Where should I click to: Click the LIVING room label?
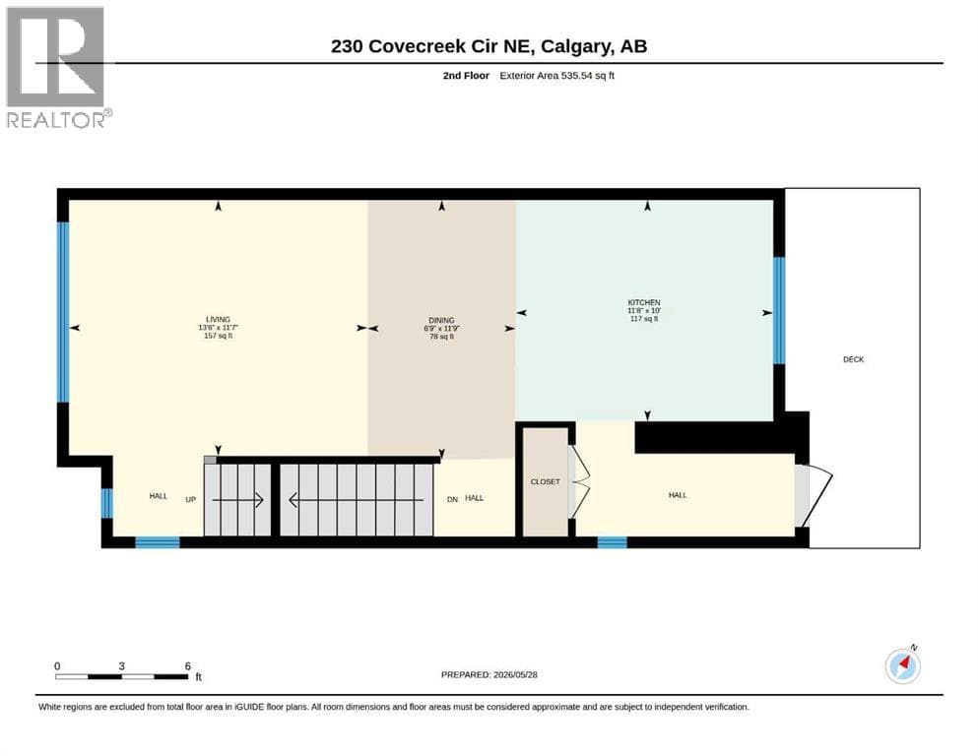point(219,319)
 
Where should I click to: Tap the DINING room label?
point(441,320)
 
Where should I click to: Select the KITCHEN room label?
point(644,302)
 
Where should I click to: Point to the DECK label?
point(853,359)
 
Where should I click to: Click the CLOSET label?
point(545,481)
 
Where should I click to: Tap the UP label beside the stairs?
point(191,499)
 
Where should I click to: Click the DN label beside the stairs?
point(452,499)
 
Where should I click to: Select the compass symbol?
point(902,665)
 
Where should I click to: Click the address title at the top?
point(489,46)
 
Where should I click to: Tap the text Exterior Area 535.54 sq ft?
point(557,76)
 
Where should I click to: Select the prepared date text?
point(489,674)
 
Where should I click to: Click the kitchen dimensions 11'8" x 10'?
point(644,310)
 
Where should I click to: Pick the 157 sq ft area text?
point(219,336)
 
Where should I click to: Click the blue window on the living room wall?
point(63,312)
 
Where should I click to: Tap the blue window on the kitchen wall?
point(779,310)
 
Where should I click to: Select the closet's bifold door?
point(578,481)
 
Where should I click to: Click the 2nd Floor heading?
point(466,76)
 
